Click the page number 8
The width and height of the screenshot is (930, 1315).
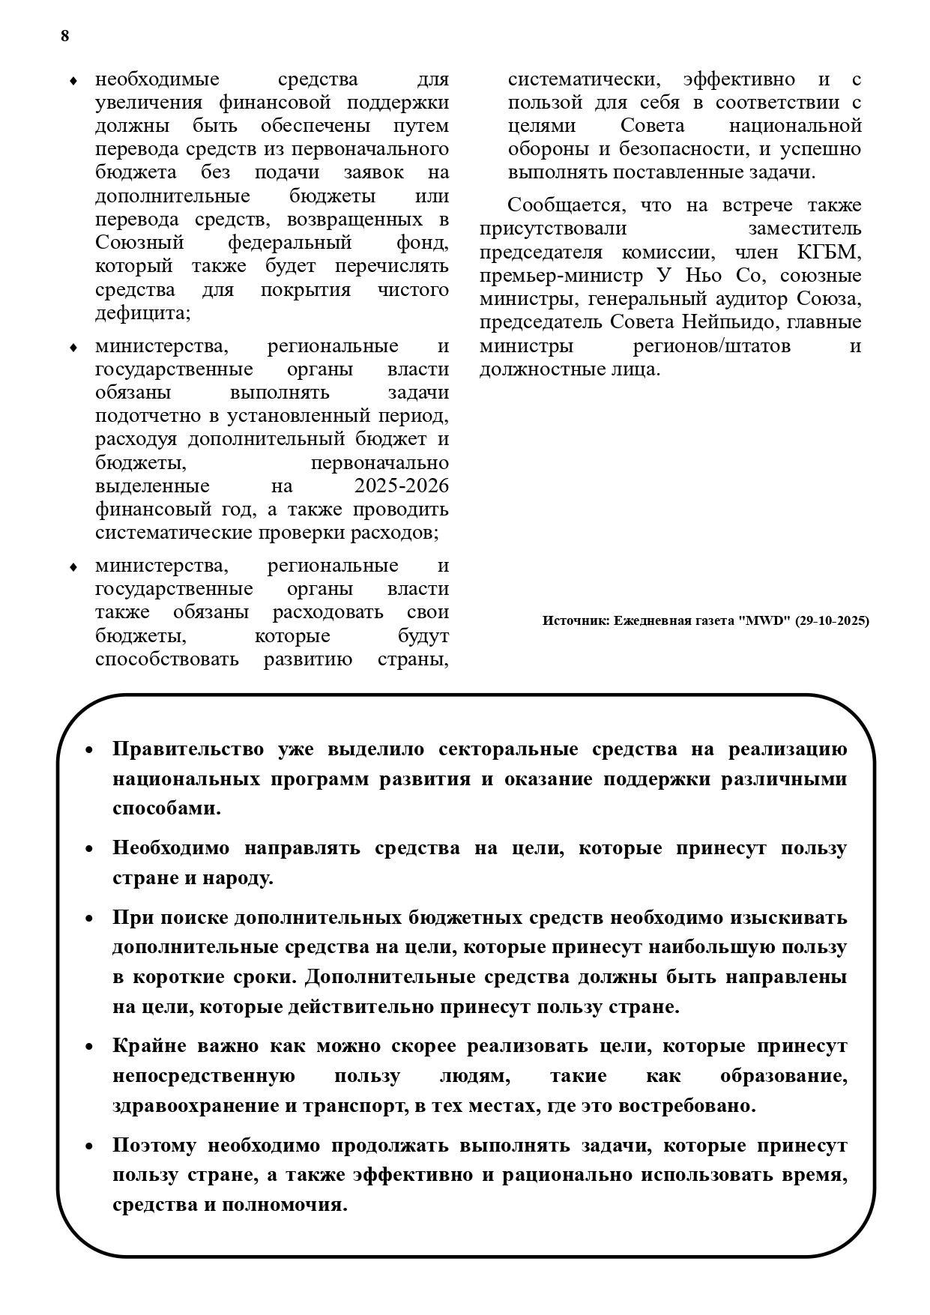click(x=65, y=36)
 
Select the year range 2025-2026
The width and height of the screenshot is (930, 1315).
click(x=402, y=486)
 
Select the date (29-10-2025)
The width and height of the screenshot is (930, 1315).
click(x=833, y=621)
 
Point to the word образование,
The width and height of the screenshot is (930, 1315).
click(x=783, y=1076)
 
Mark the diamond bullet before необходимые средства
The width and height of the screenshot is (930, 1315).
click(x=73, y=81)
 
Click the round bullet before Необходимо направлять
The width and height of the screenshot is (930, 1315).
click(x=89, y=849)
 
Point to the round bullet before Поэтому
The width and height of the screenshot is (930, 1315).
click(x=89, y=1146)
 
